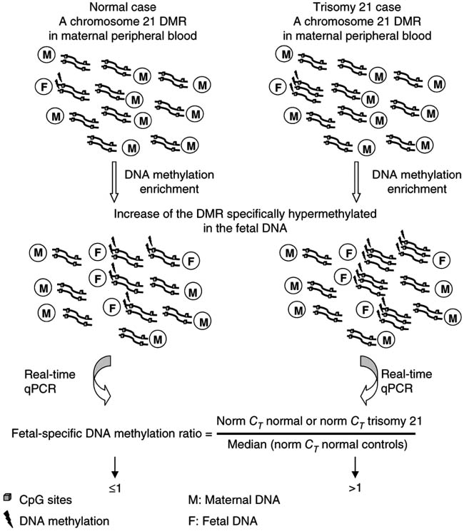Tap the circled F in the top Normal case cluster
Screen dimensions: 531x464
pos(44,86)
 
